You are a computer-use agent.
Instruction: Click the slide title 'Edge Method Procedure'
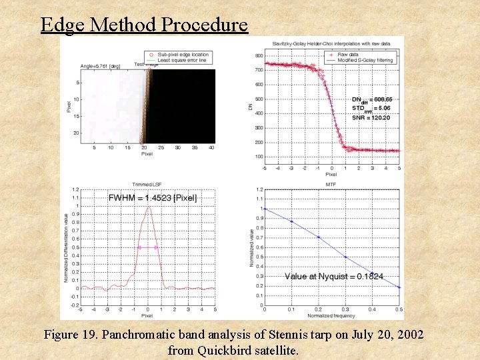coord(144,25)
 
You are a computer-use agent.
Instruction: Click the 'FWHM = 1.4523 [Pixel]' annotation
coord(153,197)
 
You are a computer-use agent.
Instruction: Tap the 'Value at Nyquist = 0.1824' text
coord(334,276)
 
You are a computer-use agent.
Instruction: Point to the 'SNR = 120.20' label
coord(371,117)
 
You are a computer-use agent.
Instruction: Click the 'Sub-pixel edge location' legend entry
coord(178,54)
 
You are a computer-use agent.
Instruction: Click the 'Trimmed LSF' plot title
coord(147,184)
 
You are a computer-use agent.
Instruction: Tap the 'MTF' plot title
coord(331,184)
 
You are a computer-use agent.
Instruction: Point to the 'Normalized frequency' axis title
coord(331,315)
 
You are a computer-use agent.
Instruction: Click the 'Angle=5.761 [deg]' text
coord(100,66)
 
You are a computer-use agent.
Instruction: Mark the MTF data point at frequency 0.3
coord(345,257)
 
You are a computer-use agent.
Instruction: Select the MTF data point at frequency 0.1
coord(291,221)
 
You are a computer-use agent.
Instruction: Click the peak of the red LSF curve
coord(148,207)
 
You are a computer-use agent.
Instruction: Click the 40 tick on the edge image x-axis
coord(211,147)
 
